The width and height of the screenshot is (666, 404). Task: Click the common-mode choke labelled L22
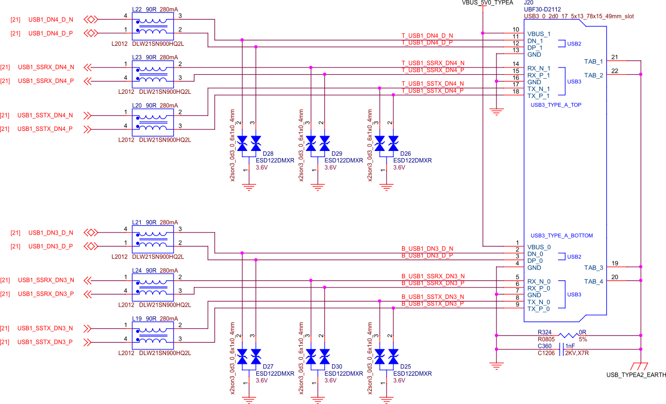coord(153,26)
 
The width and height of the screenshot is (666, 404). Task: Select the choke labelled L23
coord(153,74)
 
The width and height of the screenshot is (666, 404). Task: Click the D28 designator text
coord(268,154)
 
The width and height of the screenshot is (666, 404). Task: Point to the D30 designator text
coord(337,367)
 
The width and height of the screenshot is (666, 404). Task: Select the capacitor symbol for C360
coord(561,349)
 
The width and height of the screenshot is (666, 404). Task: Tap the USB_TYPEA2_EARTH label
coord(636,375)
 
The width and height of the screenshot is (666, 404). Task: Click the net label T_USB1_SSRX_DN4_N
coord(433,63)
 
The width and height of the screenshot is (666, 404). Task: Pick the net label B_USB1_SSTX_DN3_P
coord(433,304)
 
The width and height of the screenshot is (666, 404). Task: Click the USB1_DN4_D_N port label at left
coord(51,20)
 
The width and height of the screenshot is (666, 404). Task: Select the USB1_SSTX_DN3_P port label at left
coord(45,342)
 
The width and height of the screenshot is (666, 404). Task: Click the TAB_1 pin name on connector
coord(593,62)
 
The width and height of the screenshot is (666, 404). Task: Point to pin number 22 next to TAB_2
coord(614,71)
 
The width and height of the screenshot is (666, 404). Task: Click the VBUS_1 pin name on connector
coord(539,34)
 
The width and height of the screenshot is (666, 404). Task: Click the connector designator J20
coord(528,3)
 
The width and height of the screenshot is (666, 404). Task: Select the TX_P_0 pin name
coord(538,309)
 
